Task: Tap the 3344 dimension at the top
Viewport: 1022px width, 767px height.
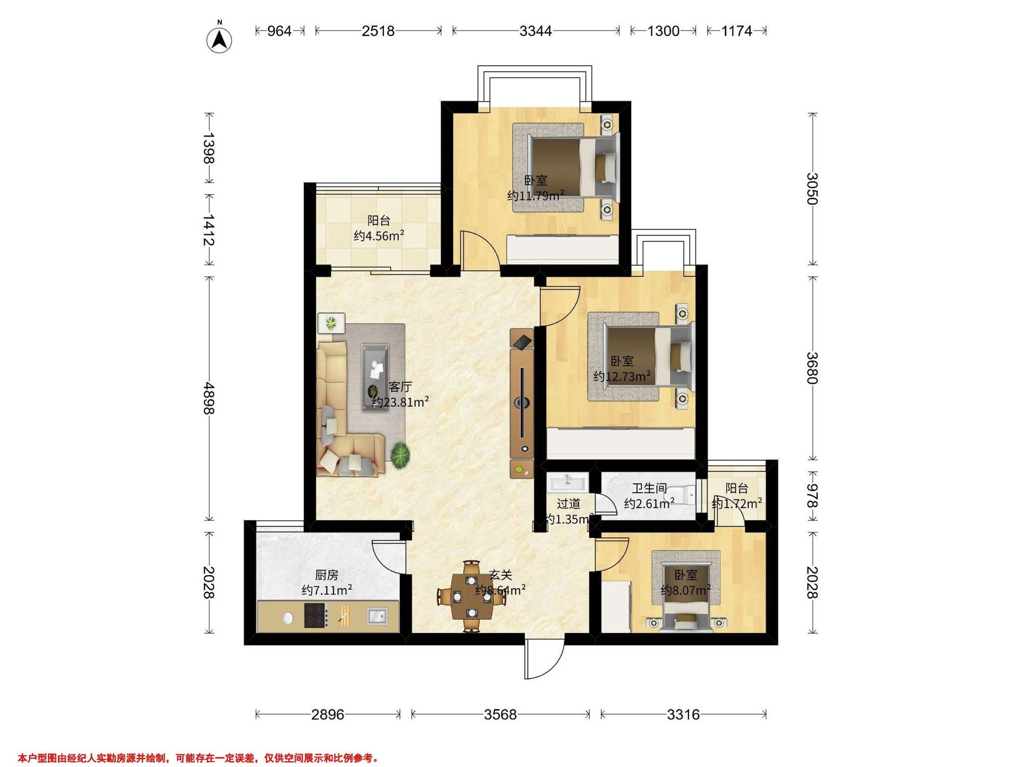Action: (x=536, y=31)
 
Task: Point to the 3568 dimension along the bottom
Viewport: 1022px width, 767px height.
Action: (x=500, y=715)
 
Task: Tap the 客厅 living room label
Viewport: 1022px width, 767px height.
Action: (x=400, y=387)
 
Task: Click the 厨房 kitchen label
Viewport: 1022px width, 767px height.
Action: (x=327, y=575)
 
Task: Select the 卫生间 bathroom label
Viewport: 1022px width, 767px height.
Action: (x=649, y=488)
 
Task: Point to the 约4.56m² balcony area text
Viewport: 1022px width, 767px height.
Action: (x=379, y=236)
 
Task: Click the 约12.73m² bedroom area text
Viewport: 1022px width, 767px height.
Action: (x=622, y=376)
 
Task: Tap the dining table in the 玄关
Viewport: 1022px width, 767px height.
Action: (x=471, y=596)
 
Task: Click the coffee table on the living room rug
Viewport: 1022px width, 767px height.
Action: (x=375, y=376)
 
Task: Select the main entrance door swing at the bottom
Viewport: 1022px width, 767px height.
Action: (x=544, y=662)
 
